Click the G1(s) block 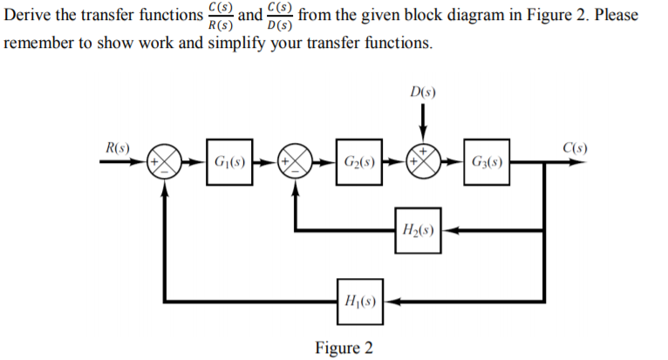click(x=229, y=162)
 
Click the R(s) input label click(x=116, y=146)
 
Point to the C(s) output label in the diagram click(x=571, y=146)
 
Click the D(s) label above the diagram click(x=422, y=91)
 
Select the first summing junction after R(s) click(x=166, y=162)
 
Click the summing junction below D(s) click(x=423, y=162)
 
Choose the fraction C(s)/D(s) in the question click(x=280, y=16)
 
